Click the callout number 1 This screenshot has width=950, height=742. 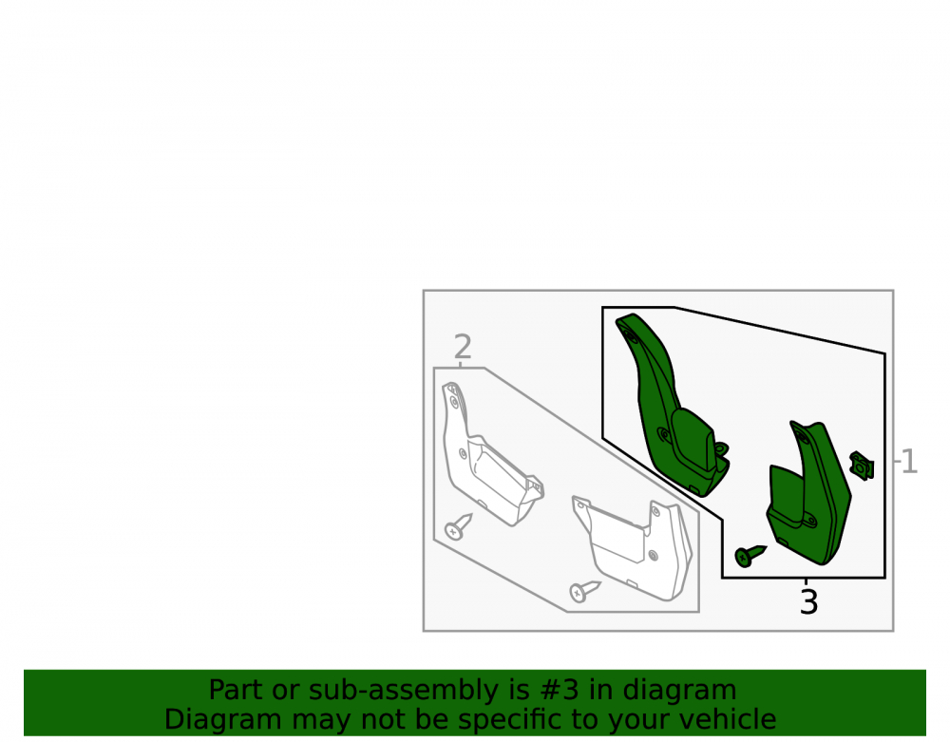tap(909, 462)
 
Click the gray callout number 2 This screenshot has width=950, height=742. tap(463, 347)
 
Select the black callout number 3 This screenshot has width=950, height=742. tap(808, 602)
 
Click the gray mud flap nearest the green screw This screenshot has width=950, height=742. tap(633, 548)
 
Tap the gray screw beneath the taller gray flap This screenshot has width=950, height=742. tap(458, 526)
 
